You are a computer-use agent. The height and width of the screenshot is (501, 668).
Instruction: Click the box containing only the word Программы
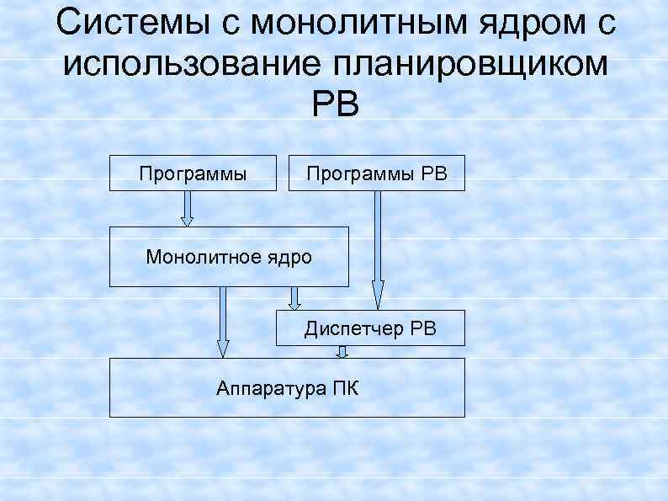coord(193,173)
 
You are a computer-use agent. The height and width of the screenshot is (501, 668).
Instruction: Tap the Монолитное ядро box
coord(228,256)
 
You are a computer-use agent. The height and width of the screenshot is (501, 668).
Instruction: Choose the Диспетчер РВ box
coord(370,328)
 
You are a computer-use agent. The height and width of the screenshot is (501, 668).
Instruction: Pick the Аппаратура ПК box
coord(287,387)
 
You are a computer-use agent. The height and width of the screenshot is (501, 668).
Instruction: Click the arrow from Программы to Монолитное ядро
coord(188,208)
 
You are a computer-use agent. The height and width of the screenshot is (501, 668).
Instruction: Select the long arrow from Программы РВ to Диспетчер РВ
coord(378,248)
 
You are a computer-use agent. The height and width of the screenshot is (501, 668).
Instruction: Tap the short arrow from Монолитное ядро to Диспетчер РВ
coord(294,298)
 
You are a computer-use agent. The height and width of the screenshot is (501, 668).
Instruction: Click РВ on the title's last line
coord(335,104)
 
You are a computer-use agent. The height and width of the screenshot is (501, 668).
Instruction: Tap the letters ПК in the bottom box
coord(344,387)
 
